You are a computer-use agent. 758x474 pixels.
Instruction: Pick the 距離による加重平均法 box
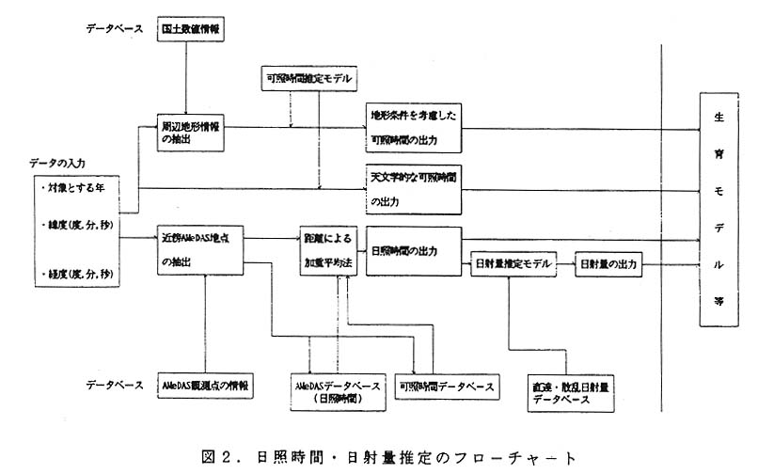click(325, 251)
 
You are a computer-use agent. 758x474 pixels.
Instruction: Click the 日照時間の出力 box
click(413, 251)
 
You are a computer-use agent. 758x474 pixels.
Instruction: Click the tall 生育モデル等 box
click(719, 211)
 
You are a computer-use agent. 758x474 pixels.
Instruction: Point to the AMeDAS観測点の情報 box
click(204, 386)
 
